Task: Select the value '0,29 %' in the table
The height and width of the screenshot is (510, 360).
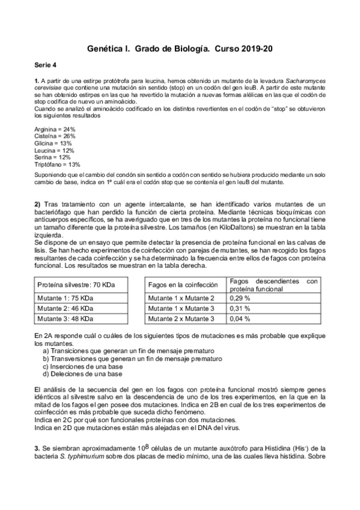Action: click(x=240, y=298)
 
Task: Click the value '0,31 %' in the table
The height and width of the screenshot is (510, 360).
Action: click(x=240, y=308)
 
